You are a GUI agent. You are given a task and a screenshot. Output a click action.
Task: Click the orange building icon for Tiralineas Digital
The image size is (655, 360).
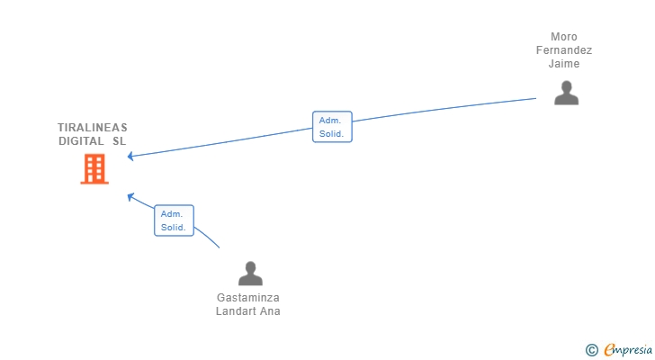[x=94, y=168]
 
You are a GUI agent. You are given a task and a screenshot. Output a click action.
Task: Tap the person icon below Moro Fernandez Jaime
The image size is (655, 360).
[x=566, y=93]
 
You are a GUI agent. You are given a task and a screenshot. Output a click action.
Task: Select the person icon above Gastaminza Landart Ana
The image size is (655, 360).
[x=250, y=273]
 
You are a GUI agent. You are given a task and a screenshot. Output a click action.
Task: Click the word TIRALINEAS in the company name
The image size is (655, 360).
[x=93, y=128]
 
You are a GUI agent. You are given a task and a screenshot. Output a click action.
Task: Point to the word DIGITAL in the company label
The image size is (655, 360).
[x=81, y=141]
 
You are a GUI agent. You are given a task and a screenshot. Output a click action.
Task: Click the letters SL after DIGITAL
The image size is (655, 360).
[x=119, y=141]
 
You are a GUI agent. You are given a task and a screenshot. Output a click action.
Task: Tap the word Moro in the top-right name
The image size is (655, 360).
[x=563, y=37]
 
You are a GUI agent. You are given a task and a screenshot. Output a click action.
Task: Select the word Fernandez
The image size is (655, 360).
[x=564, y=50]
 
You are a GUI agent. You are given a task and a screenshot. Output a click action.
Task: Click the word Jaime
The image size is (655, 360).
[x=564, y=64]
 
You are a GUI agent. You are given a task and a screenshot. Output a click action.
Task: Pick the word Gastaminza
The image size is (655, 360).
[x=248, y=298]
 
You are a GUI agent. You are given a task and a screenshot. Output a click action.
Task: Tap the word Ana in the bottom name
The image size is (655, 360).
[x=270, y=311]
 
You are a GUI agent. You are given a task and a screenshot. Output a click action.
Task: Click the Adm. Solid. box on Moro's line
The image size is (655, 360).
[x=332, y=127]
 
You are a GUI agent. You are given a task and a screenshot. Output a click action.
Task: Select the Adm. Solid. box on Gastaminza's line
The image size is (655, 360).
[x=174, y=220]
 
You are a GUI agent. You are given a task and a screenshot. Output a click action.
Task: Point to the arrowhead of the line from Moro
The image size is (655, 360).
[x=130, y=157]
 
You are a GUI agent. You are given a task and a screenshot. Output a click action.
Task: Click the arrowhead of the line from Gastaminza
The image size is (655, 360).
[x=130, y=197]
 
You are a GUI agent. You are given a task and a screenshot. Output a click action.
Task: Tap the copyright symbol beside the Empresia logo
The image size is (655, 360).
[x=591, y=350]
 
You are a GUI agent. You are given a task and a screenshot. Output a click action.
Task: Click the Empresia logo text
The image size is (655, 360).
[x=628, y=350]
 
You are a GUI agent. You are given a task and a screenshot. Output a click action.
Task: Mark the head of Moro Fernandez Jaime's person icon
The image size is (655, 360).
[x=567, y=87]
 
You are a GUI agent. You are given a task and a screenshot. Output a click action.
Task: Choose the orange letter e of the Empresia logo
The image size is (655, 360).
[x=609, y=349]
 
